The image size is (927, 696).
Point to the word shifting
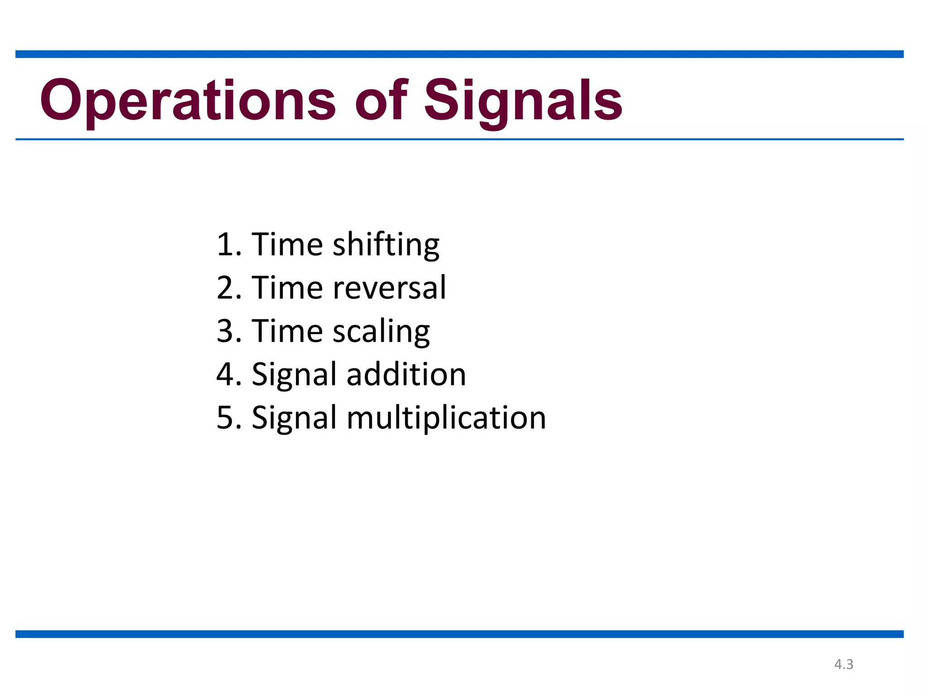[386, 245]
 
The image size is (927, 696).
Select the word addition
[406, 375]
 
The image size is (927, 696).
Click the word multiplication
[446, 418]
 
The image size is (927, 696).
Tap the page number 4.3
[844, 664]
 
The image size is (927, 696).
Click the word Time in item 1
[287, 245]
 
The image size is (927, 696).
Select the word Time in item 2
[287, 288]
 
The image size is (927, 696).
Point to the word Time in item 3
[287, 331]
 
